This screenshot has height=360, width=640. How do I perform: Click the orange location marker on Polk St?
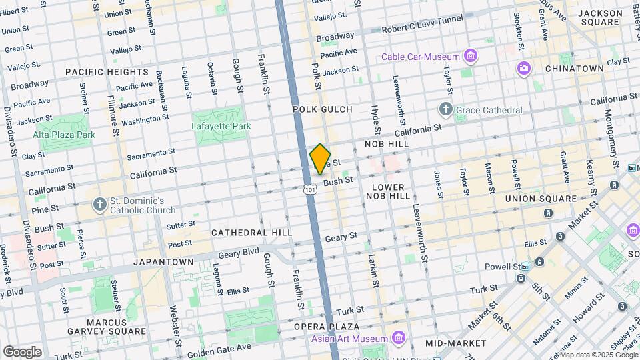click(321, 159)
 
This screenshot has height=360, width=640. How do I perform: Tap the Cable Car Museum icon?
click(471, 56)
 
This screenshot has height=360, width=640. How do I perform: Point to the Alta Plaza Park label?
click(64, 135)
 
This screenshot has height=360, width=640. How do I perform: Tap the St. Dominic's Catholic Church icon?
click(99, 204)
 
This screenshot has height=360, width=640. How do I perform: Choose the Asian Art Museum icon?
click(399, 338)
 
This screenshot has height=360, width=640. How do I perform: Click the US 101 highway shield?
click(309, 190)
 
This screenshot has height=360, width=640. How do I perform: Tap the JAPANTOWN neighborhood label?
click(163, 262)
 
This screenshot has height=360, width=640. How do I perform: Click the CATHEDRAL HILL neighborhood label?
click(251, 233)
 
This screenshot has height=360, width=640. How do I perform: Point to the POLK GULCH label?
click(322, 109)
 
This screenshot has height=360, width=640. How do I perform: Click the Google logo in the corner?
click(22, 351)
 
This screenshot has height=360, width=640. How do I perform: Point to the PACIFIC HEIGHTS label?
click(107, 71)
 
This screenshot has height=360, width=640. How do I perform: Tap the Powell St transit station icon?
click(525, 267)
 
